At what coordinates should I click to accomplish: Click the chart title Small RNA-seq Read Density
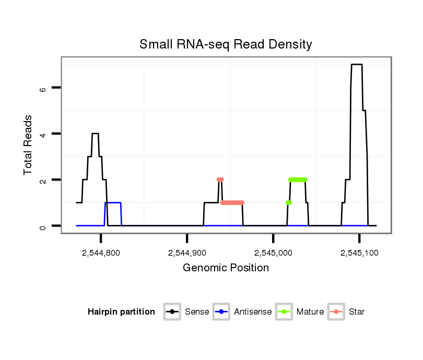tap(226, 44)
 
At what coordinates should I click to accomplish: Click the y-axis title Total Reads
tap(28, 145)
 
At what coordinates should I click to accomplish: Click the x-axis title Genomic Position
tap(226, 268)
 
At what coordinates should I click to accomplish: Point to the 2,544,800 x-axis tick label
tap(101, 253)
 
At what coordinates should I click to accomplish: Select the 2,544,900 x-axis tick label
tap(187, 253)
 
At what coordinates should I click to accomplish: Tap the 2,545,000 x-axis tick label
tap(273, 253)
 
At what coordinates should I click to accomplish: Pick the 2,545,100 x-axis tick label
tap(359, 253)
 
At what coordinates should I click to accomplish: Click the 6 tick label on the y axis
tap(43, 88)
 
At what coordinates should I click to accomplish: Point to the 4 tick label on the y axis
tap(43, 134)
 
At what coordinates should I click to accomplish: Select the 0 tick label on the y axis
tap(43, 226)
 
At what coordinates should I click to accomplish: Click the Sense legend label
tap(197, 312)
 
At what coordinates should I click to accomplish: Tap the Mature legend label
tap(310, 312)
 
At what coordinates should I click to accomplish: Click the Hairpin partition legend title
tap(121, 312)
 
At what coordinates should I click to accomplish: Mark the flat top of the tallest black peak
tap(357, 65)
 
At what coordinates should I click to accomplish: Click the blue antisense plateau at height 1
tap(113, 202)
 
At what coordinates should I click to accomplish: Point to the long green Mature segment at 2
tap(298, 179)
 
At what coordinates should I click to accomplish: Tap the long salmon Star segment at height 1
tap(232, 202)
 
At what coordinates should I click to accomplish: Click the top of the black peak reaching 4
tap(95, 134)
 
